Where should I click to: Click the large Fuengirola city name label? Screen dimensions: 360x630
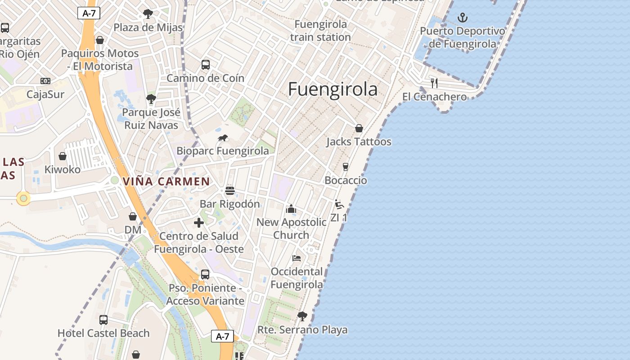(x=333, y=89)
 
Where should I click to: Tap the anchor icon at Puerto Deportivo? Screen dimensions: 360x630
(x=462, y=18)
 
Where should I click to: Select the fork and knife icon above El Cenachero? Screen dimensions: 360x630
(x=434, y=83)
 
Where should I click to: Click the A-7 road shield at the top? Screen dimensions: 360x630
(x=89, y=13)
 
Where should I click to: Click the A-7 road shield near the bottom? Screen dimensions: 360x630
(x=223, y=336)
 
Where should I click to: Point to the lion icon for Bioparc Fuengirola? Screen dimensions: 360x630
(x=223, y=138)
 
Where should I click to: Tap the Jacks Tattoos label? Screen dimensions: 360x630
(x=359, y=142)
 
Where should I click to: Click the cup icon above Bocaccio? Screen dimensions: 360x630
(x=346, y=167)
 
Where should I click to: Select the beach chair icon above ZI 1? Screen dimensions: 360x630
(x=339, y=204)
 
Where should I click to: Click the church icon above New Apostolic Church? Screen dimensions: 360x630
(x=291, y=209)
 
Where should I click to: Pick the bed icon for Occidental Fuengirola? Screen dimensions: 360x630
(x=296, y=258)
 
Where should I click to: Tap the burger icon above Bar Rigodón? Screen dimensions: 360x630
(x=230, y=190)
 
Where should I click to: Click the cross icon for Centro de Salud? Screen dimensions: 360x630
(x=198, y=223)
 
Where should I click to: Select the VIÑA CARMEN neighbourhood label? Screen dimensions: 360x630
(x=166, y=182)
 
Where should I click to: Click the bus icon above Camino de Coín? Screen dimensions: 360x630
(x=206, y=65)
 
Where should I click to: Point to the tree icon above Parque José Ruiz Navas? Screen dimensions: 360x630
(x=151, y=99)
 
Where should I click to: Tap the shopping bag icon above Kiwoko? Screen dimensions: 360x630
(x=63, y=156)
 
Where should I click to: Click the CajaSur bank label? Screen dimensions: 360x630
(x=45, y=94)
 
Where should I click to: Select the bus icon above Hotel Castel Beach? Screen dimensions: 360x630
(x=103, y=320)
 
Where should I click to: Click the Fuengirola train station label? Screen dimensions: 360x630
(x=320, y=31)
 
